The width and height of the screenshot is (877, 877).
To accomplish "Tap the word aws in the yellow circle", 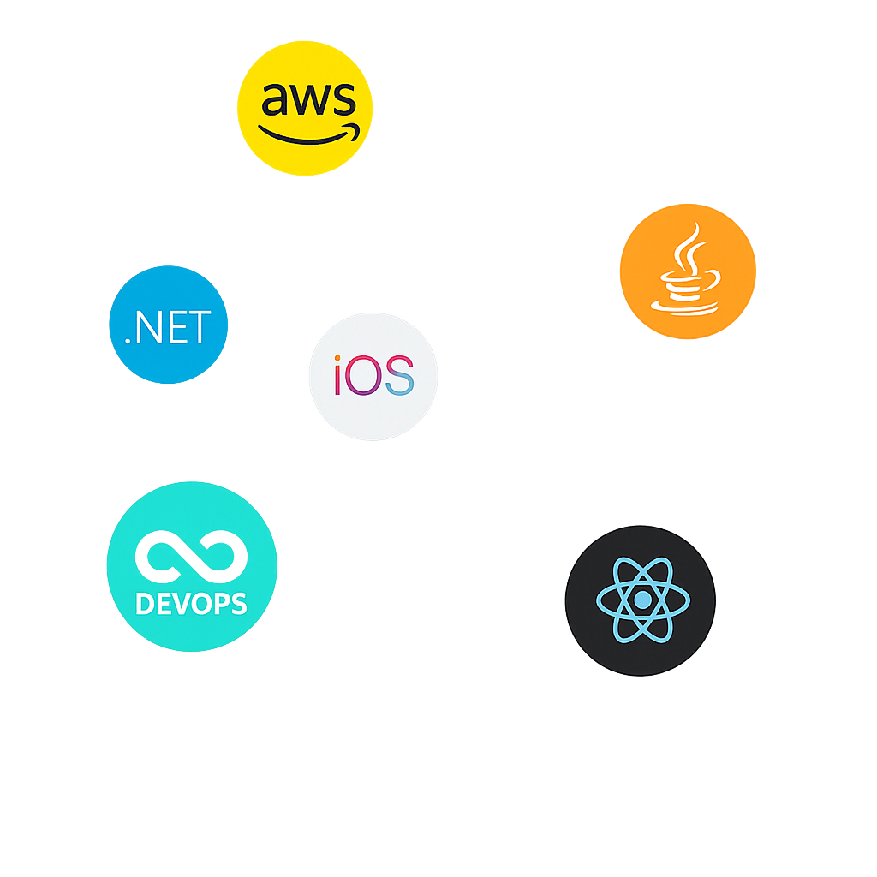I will point(307,99).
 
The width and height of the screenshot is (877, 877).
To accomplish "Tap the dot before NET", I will point(128,341).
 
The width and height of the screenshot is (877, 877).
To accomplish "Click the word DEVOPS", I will point(191,604).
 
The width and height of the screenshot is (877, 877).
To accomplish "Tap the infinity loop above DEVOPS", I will point(190,554).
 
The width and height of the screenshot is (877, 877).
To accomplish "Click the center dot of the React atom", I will point(641,600).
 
